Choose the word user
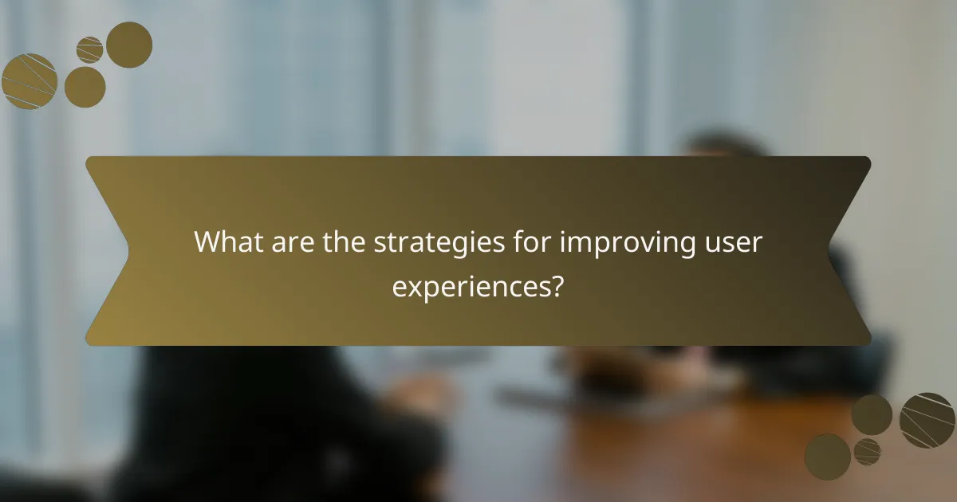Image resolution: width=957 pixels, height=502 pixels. [x=735, y=242]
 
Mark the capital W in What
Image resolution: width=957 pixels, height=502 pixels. [x=208, y=242]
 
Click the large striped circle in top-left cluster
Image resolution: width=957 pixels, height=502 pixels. [x=29, y=80]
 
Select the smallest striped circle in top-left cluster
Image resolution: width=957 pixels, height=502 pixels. [x=89, y=50]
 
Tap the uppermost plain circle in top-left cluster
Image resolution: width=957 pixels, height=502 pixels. [x=129, y=45]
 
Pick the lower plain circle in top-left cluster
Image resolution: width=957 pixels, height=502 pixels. [x=85, y=87]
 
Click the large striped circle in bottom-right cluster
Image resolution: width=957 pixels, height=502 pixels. [x=927, y=420]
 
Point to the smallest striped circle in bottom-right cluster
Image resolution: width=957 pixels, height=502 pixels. [x=867, y=452]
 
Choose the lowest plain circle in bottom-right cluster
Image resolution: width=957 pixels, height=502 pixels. [x=827, y=457]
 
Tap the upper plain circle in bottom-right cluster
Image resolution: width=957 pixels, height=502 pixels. [x=871, y=414]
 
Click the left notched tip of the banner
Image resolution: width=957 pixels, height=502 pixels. [x=128, y=251]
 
